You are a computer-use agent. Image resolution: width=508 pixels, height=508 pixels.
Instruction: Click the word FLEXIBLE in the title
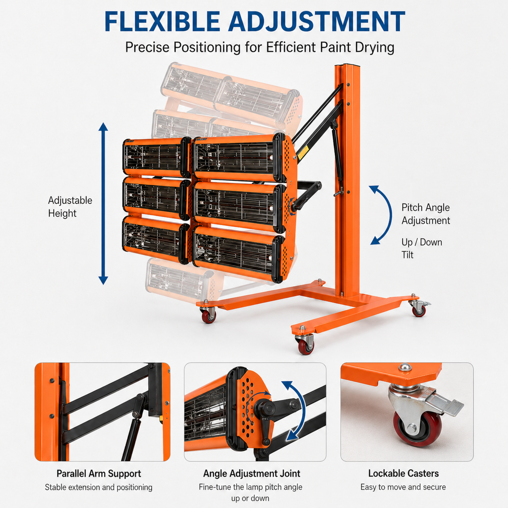tap(162, 21)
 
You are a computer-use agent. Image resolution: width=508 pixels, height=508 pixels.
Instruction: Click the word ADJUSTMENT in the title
tap(317, 21)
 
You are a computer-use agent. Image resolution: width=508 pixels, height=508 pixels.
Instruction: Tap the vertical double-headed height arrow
tap(103, 203)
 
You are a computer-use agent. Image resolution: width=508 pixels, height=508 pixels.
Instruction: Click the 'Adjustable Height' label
tap(70, 207)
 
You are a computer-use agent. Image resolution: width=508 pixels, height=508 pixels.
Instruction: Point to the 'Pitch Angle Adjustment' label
tap(426, 214)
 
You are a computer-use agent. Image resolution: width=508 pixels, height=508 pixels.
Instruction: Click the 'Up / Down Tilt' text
tap(422, 249)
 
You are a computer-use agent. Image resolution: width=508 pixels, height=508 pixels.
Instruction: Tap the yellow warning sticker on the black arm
tap(303, 152)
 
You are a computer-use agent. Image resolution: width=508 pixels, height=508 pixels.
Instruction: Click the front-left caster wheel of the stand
tap(209, 315)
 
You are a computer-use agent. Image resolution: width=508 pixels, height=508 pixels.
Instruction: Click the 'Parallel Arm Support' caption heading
tap(99, 474)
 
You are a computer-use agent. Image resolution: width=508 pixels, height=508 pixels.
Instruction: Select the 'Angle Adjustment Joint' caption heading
tap(252, 474)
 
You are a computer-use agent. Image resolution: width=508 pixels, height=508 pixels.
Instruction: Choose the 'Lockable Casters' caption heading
tap(403, 473)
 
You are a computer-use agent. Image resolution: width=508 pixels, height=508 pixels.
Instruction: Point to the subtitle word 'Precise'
tap(147, 47)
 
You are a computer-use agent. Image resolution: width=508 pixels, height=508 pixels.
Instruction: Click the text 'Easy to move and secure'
tap(403, 487)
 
